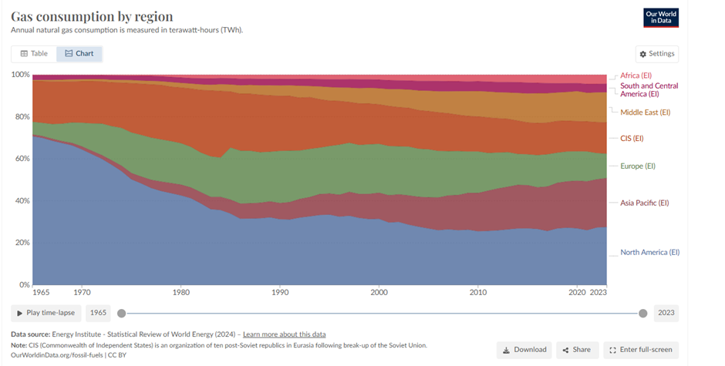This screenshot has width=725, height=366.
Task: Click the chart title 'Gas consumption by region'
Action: (x=92, y=16)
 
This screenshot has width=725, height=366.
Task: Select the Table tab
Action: (x=34, y=54)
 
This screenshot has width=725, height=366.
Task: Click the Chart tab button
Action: (x=79, y=54)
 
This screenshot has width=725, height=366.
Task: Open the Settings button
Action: (x=657, y=54)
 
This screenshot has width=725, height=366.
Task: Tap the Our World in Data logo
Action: (x=661, y=18)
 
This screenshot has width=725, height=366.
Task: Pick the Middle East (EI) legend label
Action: (x=645, y=112)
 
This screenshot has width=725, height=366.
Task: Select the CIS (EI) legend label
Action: (x=632, y=139)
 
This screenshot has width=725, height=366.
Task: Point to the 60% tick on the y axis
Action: (x=20, y=159)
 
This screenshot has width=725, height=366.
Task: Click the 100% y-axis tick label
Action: (x=19, y=75)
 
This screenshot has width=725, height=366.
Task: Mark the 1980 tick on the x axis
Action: (x=181, y=293)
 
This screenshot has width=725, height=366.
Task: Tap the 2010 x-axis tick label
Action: (x=478, y=293)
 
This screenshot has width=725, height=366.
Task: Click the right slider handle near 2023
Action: (x=643, y=313)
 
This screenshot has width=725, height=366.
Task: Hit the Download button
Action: (x=524, y=350)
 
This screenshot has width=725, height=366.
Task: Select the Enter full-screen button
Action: (x=640, y=350)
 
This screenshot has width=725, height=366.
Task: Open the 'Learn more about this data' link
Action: (x=284, y=334)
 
